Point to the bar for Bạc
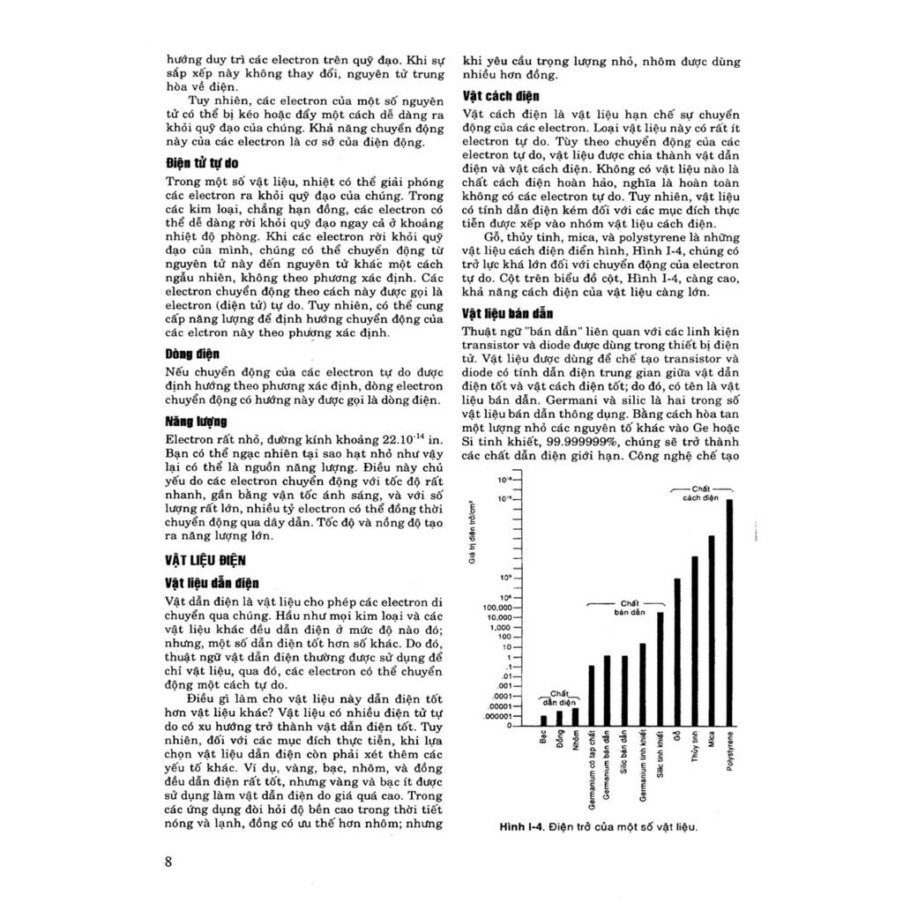[543, 719]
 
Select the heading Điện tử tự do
[202, 164]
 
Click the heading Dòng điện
[192, 354]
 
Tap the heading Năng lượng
[197, 422]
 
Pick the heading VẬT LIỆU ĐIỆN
[205, 560]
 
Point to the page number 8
[168, 862]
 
